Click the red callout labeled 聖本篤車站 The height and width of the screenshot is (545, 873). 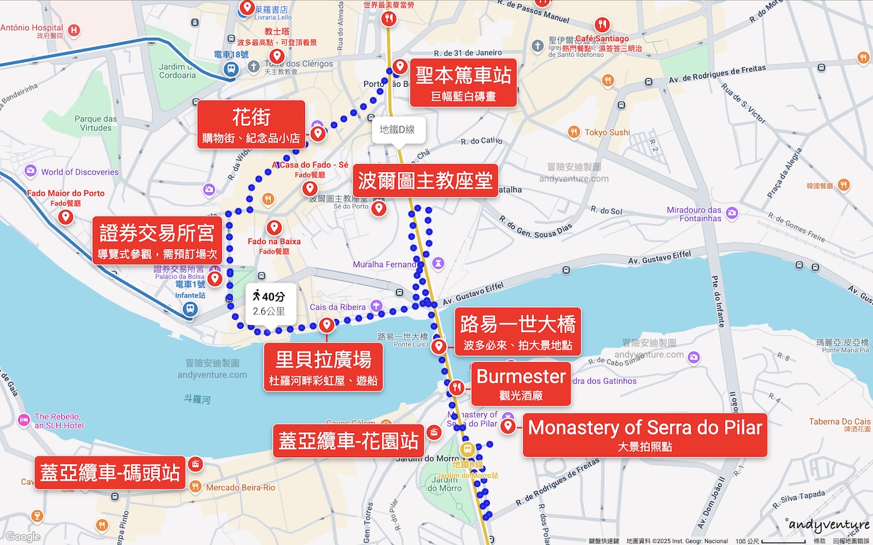point(464,83)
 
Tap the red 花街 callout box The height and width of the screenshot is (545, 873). point(251,125)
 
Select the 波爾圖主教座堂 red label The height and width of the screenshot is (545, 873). point(425,180)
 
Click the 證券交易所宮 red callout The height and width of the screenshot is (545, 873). point(157,240)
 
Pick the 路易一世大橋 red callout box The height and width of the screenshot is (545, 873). point(518,332)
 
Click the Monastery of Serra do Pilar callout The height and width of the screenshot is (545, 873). point(644,435)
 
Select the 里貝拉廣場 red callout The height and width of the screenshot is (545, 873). point(323,368)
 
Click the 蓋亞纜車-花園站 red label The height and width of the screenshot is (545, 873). point(348,441)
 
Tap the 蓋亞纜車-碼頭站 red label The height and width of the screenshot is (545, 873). point(110,472)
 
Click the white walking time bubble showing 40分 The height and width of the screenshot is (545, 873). point(271,303)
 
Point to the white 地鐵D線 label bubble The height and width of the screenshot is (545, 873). point(398,130)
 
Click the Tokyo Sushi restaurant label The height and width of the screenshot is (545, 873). point(607,132)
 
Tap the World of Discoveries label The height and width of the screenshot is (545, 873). point(79,172)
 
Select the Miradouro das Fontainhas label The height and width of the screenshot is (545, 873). point(694,214)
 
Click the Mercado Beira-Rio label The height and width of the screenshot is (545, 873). point(240,487)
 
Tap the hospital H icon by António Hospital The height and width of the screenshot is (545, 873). point(74,30)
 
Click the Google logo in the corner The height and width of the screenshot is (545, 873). point(23,537)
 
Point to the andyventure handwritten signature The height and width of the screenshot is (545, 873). point(829,525)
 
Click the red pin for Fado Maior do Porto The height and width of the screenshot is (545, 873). point(65,216)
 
